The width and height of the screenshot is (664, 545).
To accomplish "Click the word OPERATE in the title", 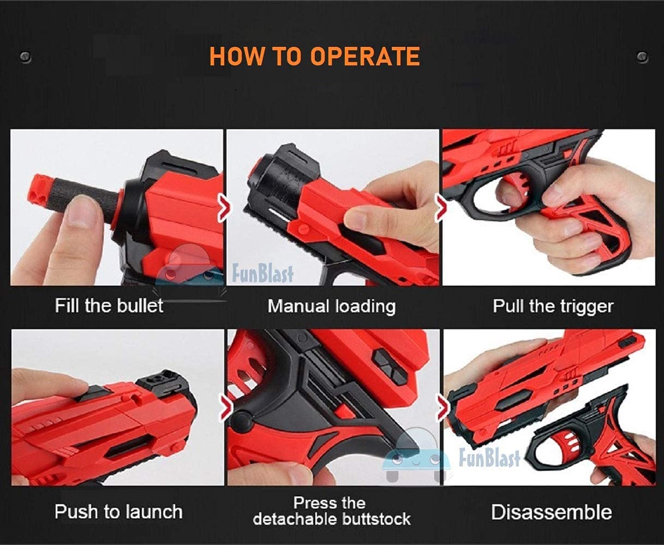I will pos(365,57).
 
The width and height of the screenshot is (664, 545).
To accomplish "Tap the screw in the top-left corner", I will pos(24,57).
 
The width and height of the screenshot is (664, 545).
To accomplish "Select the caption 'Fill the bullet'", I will pos(109,305).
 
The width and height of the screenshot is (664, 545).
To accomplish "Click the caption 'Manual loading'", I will pos(331,306).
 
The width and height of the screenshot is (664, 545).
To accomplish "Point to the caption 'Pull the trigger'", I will pos(553,306).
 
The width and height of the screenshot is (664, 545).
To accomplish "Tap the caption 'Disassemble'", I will pos(552,512).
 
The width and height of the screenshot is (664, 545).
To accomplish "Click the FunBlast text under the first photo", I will pos(262,273).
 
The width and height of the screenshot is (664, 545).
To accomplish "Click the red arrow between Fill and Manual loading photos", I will pos(224,209).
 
